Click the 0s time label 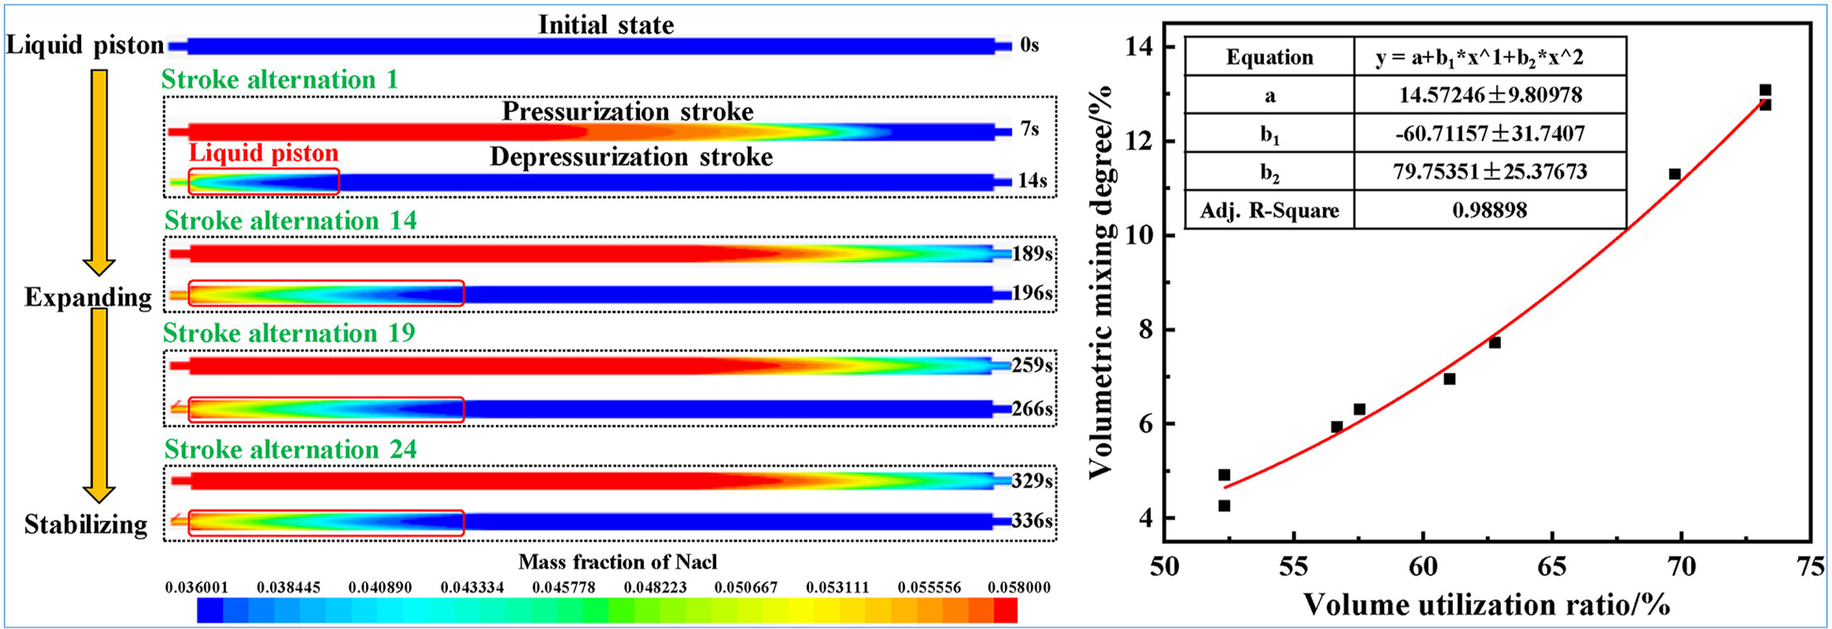click(x=1029, y=45)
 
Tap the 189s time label click(x=1032, y=253)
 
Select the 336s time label click(x=1032, y=521)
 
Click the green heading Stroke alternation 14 click(x=291, y=221)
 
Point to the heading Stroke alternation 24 click(x=291, y=449)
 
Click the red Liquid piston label click(x=263, y=153)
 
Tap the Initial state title click(x=606, y=25)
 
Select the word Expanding click(x=88, y=297)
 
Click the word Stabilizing click(x=85, y=524)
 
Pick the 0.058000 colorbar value click(x=1018, y=588)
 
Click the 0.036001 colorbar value click(x=196, y=588)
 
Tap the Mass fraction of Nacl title click(x=618, y=562)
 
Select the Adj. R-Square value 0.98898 click(x=1489, y=210)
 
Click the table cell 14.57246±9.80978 click(x=1489, y=95)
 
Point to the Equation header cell click(x=1269, y=57)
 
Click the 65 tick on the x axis click(x=1551, y=566)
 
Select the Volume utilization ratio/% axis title click(x=1486, y=605)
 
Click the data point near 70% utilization click(x=1675, y=174)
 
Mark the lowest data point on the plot click(x=1224, y=506)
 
